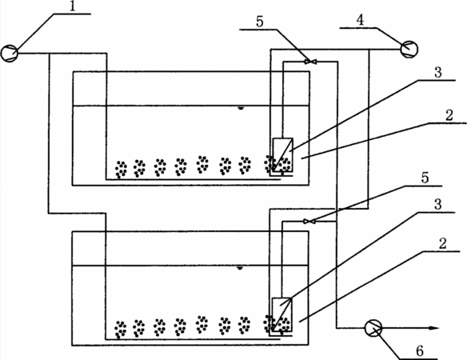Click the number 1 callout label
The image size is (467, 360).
[x=73, y=6]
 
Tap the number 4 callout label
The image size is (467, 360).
[x=360, y=20]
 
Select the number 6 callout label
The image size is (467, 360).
[x=420, y=351]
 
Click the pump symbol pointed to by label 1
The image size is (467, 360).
[x=10, y=53]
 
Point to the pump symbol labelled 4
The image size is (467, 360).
[x=409, y=49]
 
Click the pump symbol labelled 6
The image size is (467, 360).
[x=373, y=328]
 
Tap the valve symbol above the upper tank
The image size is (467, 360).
[x=310, y=62]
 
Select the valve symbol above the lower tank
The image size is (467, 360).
[x=309, y=221]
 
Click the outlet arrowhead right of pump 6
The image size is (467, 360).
[x=434, y=328]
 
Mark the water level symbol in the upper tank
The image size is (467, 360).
[x=241, y=108]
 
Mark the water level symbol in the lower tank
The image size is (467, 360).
[x=240, y=268]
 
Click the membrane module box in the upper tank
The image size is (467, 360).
[x=282, y=154]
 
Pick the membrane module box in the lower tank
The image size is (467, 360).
[x=282, y=314]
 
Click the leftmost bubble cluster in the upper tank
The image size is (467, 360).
[x=122, y=170]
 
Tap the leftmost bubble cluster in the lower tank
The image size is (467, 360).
[x=120, y=330]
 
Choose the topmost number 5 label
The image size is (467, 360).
[x=260, y=22]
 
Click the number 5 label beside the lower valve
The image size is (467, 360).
[x=425, y=178]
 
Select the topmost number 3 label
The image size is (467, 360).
[x=438, y=73]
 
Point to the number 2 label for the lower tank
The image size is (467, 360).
[x=443, y=244]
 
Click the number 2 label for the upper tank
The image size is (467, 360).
[x=449, y=115]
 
